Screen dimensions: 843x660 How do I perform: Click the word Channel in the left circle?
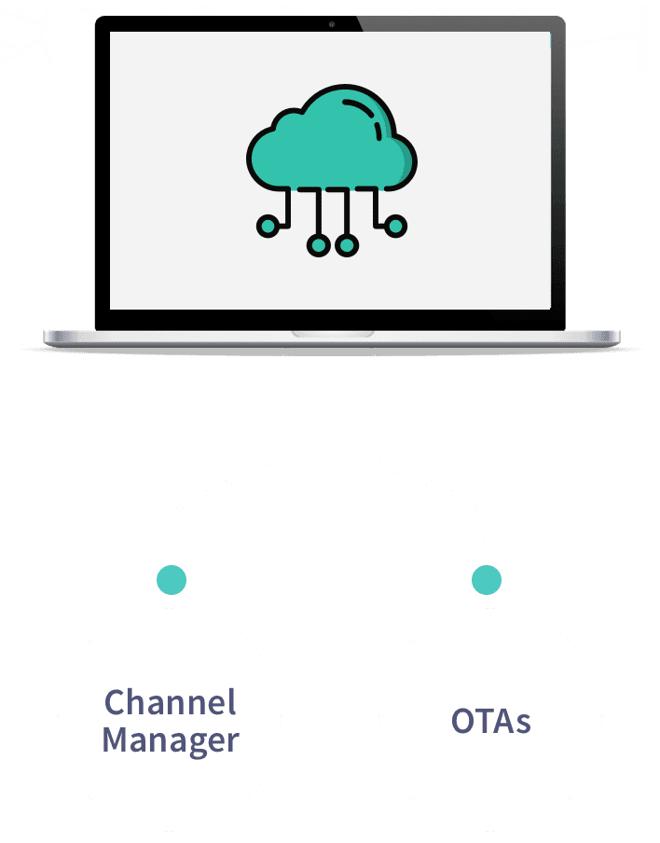point(171,701)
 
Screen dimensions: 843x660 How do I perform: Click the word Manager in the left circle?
point(171,740)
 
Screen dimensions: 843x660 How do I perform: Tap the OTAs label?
point(490,721)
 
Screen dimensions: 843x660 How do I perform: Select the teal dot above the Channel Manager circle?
point(171,579)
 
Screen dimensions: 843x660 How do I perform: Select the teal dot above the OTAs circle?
point(487,579)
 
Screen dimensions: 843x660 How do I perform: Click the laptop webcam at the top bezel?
point(331,23)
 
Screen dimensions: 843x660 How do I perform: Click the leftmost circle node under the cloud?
point(268,225)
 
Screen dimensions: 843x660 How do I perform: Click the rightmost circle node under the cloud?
point(395,225)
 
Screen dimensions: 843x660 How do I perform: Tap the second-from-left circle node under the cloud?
point(318,245)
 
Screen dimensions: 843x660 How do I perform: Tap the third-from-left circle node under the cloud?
point(346,245)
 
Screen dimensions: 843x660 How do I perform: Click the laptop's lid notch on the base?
point(332,333)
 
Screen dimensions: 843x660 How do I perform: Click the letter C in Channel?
point(115,701)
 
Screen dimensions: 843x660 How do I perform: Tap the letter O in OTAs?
point(462,721)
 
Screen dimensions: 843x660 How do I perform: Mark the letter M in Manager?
point(116,740)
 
